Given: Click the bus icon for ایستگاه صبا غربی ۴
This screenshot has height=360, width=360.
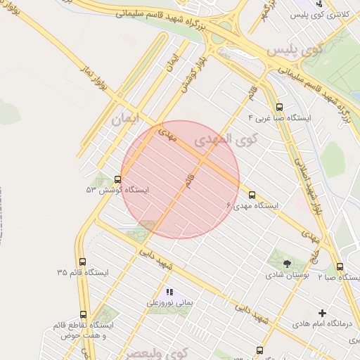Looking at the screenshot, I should click(x=279, y=108).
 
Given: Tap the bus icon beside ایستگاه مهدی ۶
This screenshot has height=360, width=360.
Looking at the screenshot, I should click(x=252, y=195).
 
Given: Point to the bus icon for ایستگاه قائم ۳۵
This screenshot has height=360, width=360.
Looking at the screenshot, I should click(x=83, y=262).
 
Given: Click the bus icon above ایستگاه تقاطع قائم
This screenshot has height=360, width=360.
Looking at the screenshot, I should click(x=83, y=314).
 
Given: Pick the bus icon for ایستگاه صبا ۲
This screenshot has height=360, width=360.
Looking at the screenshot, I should click(x=340, y=267).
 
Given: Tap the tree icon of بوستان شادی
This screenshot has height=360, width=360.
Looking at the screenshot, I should click(x=287, y=263).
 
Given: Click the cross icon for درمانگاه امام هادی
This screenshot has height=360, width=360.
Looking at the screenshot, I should click(x=323, y=313).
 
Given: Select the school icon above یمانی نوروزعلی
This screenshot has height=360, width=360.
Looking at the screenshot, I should click(x=169, y=291).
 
